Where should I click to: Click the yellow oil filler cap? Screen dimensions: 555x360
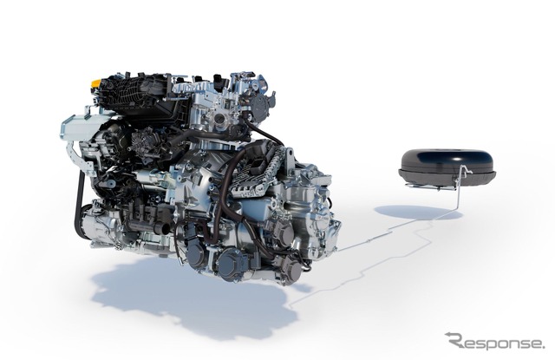click(x=95, y=83)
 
